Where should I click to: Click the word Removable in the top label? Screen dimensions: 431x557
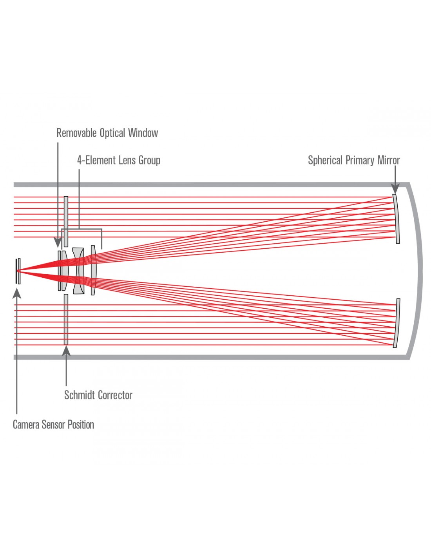[76, 133]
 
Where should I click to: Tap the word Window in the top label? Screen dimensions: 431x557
[143, 133]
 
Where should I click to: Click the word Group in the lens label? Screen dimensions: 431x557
[149, 161]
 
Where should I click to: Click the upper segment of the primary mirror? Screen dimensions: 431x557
[397, 219]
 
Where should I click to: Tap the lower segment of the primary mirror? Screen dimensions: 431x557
[397, 323]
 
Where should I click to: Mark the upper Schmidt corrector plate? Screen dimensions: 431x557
[66, 221]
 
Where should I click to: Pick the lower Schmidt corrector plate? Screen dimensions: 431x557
[66, 319]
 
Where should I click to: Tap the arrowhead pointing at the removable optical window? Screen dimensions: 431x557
[58, 242]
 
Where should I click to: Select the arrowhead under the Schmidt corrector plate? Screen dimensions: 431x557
[66, 351]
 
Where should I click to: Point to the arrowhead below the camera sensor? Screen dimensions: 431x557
[17, 293]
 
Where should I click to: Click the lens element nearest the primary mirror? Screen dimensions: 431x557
[93, 270]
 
